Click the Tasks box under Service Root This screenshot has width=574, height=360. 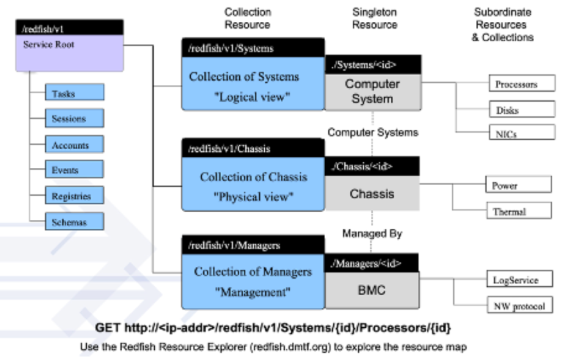tap(75, 93)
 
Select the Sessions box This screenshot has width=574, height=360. tap(75, 118)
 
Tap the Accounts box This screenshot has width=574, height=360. tap(75, 145)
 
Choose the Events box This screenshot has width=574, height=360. tap(75, 170)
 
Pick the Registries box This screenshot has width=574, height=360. tap(75, 196)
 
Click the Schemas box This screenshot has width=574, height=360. tap(75, 222)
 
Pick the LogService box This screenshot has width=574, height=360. tap(520, 280)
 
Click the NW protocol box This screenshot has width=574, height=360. tap(520, 305)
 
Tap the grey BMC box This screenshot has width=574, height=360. tap(373, 290)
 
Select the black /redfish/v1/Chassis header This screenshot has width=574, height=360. tap(253, 148)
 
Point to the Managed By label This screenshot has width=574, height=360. tap(373, 234)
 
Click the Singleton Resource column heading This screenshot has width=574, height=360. tap(375, 19)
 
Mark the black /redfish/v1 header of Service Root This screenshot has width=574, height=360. tap(69, 28)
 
